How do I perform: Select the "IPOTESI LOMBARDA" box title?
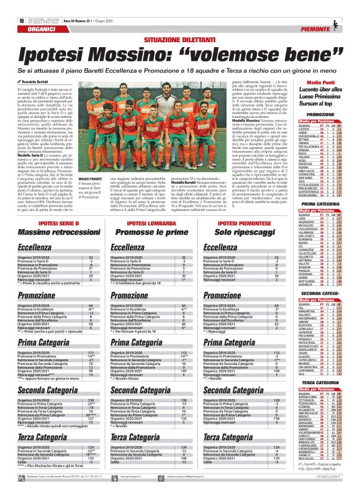click(x=150, y=222)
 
